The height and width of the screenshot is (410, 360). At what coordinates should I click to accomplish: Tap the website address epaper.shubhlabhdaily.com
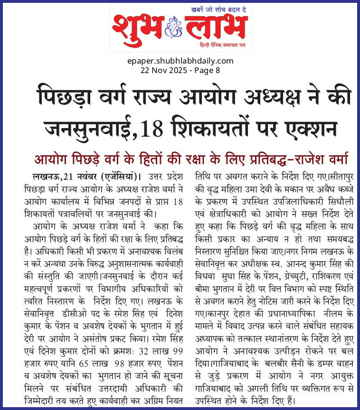(180, 61)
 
